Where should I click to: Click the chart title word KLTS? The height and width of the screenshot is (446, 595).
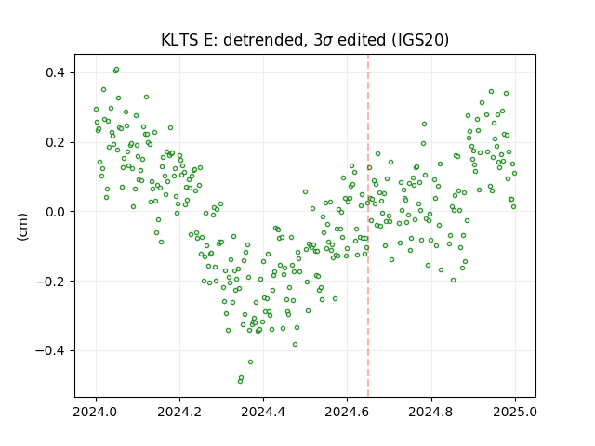pos(180,40)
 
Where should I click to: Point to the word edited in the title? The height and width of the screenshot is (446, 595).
pos(362,40)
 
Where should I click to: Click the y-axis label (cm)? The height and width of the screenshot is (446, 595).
pos(22,227)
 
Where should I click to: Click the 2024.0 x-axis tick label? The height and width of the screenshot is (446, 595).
pos(96,412)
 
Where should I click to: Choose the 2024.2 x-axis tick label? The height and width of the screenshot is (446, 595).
pos(179,412)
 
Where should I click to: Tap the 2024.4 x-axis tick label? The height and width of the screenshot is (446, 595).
pos(263,412)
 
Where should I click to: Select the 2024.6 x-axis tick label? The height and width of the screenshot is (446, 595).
pos(347,412)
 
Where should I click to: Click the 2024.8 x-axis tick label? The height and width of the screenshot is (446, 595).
pos(431,412)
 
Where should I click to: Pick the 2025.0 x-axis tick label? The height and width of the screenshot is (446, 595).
pos(515,412)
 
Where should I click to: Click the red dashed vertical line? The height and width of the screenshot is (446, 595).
pos(368,226)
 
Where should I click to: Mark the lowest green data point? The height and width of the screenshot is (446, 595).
pos(240,381)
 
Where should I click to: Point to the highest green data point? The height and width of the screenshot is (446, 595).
pos(116,70)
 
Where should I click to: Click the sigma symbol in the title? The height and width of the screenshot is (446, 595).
pos(328,41)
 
